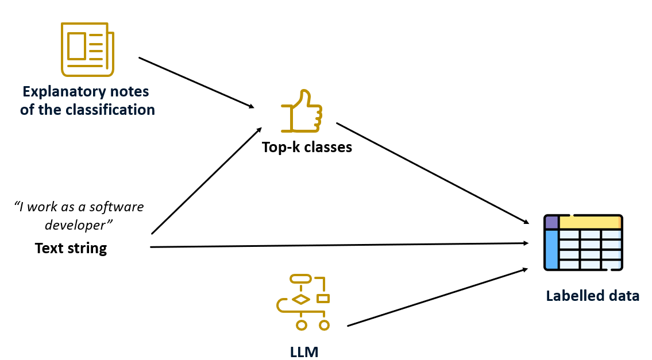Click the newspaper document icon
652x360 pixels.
pos(87,49)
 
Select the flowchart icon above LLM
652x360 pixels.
pos(303,302)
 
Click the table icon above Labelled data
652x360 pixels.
pos(583,242)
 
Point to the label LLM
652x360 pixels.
pos(304,351)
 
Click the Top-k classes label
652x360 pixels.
pos(307,147)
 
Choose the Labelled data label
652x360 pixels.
pos(592,296)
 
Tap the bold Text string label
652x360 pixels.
pos(71,248)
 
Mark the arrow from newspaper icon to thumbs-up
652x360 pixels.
pos(196,82)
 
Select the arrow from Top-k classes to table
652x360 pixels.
pos(432,173)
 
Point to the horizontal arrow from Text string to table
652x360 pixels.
pos(339,245)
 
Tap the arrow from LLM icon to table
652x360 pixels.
pos(438,297)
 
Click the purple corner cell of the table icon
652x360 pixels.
pos(551,222)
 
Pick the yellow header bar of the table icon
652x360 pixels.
pos(589,222)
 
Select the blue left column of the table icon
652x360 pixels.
pos(551,249)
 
